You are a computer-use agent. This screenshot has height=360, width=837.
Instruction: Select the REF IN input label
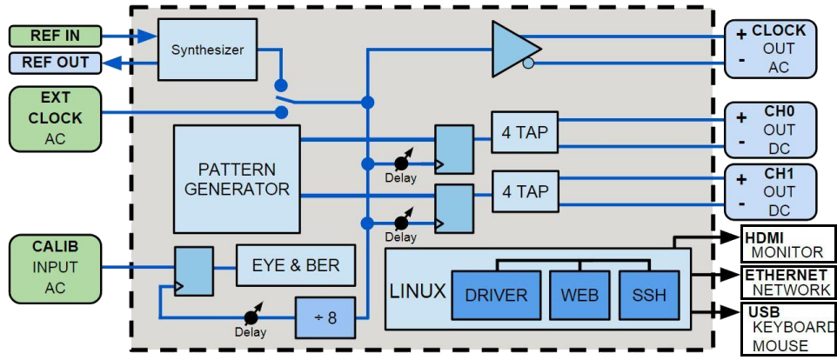pos(54,37)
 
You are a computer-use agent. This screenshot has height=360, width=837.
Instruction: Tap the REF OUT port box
pos(54,63)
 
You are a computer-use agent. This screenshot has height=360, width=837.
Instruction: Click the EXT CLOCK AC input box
pos(54,117)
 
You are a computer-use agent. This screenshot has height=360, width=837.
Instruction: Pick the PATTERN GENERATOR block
pos(236,178)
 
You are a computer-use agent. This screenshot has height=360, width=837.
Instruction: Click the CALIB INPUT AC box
pos(54,267)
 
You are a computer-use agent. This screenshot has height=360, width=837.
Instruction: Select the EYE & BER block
pos(296,265)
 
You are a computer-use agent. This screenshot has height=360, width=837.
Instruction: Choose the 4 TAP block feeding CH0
pos(524,133)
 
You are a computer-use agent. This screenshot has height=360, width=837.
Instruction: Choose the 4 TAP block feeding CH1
pos(524,191)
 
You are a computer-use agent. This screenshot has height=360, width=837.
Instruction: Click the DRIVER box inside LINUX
pos(495,295)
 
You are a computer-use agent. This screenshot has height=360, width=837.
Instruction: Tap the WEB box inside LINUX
pos(580,295)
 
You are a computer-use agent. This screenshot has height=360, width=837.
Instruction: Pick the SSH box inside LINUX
pos(649,295)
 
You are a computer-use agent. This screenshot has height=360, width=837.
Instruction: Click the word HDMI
pos(766,237)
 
